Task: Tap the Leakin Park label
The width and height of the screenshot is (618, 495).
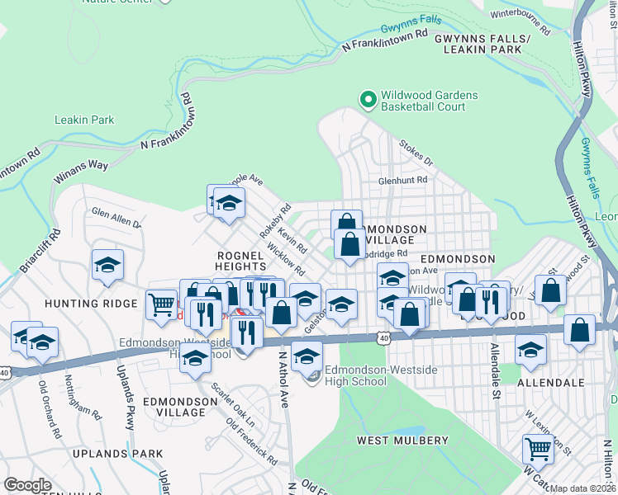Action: (83, 120)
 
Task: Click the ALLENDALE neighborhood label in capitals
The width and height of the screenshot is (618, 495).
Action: (550, 383)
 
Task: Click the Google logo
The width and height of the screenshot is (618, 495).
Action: (27, 484)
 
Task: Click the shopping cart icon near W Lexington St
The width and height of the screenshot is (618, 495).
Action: (538, 450)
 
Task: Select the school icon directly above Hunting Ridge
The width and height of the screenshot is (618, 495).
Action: (107, 266)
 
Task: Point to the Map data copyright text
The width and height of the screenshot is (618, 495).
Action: (583, 488)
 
